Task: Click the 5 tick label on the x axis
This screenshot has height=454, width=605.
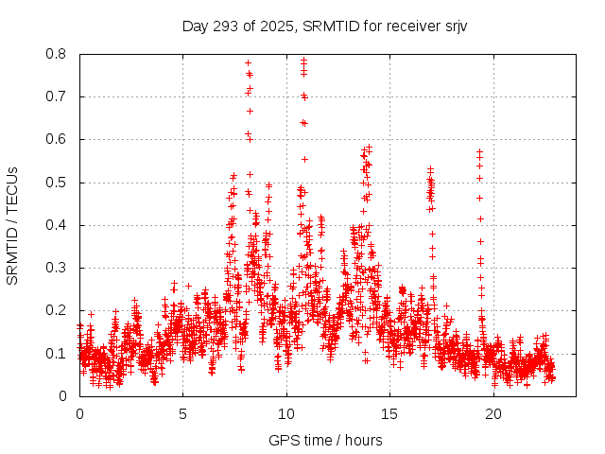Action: pyautogui.click(x=183, y=414)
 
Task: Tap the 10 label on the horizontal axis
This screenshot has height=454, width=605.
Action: pyautogui.click(x=286, y=414)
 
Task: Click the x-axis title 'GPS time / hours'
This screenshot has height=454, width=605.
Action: pyautogui.click(x=325, y=440)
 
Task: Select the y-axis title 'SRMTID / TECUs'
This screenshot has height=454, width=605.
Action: pyautogui.click(x=13, y=225)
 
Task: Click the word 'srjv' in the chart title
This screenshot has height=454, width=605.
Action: pyautogui.click(x=456, y=26)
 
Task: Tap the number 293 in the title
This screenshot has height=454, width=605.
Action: pyautogui.click(x=224, y=26)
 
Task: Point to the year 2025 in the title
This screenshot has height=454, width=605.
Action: pyautogui.click(x=275, y=26)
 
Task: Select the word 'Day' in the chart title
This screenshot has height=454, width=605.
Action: pyautogui.click(x=195, y=26)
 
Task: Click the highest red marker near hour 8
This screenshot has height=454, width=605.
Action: pyautogui.click(x=248, y=62)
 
